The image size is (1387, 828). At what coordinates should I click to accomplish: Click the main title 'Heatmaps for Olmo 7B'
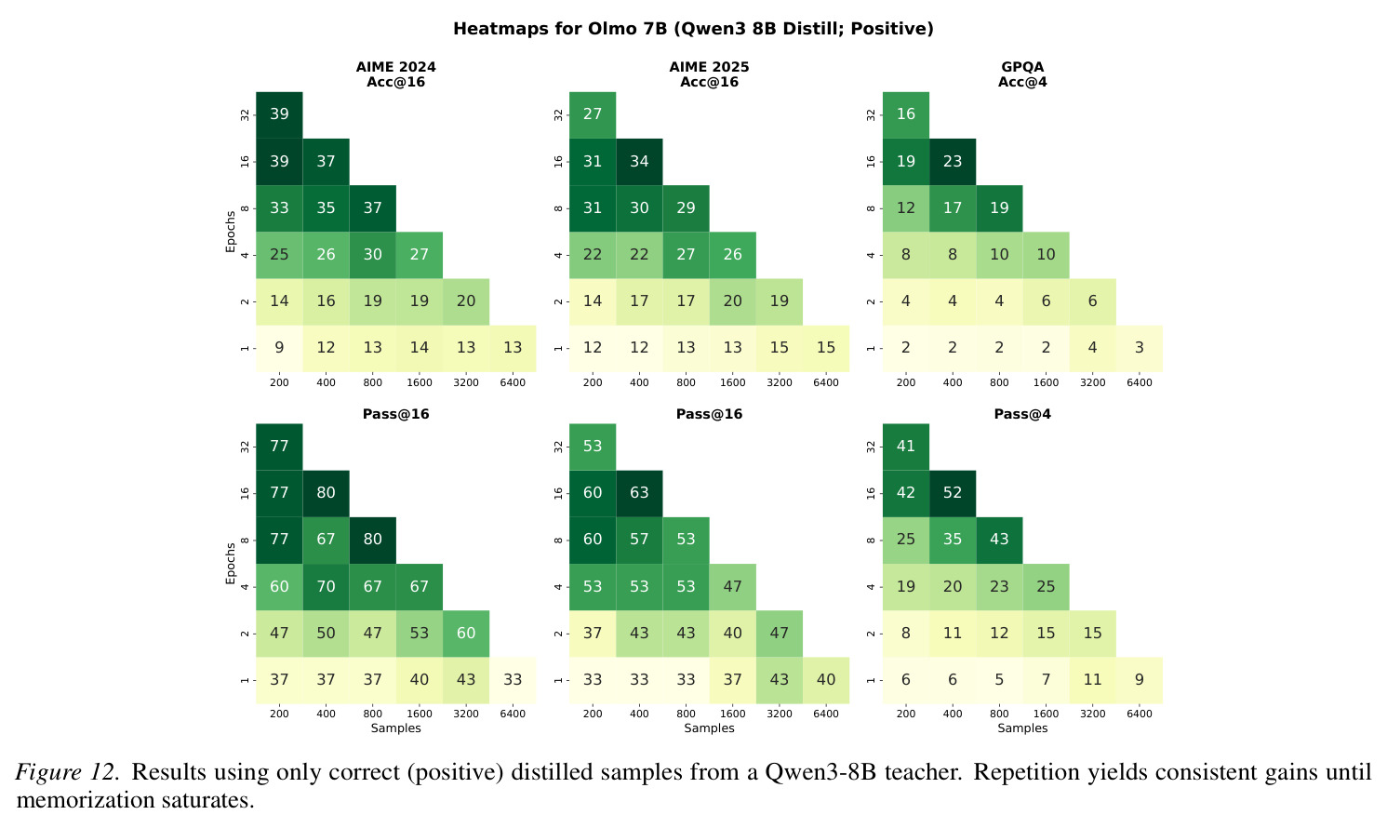(561, 29)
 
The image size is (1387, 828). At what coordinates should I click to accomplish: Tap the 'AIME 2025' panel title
(709, 67)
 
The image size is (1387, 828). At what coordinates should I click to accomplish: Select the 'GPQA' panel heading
(1022, 67)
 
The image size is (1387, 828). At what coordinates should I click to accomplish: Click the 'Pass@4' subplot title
(1022, 414)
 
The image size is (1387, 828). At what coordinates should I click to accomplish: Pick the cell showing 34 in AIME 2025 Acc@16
(639, 162)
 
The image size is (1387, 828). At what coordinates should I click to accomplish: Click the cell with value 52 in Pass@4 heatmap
(953, 493)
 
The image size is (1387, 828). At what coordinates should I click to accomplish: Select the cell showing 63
(639, 493)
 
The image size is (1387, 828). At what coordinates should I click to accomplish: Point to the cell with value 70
(326, 586)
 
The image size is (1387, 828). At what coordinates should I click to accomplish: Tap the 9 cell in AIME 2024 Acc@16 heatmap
(279, 348)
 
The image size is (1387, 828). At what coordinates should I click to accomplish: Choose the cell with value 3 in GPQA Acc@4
(1139, 348)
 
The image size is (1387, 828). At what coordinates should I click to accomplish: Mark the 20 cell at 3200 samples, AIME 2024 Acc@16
(466, 301)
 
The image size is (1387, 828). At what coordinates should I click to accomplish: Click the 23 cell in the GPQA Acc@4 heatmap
(953, 162)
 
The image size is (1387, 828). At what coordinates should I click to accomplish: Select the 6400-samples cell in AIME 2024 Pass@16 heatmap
(512, 680)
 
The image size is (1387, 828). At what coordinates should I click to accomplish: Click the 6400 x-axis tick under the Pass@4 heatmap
(1139, 714)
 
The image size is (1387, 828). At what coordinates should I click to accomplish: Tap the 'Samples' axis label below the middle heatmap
(709, 728)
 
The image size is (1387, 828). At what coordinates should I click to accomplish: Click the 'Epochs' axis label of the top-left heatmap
(231, 232)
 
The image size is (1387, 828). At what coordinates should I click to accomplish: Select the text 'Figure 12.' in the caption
(67, 772)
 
